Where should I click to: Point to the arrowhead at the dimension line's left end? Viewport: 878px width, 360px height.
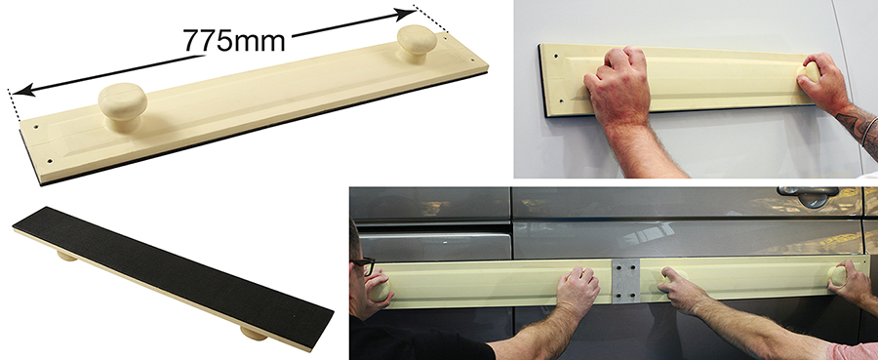tap(22, 90)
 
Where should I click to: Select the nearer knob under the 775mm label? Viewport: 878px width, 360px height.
tap(122, 106)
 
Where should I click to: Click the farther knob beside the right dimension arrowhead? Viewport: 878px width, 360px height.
tap(417, 43)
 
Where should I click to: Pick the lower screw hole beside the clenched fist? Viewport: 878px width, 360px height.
tap(562, 100)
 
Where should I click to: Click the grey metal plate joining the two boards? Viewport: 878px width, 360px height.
tap(626, 281)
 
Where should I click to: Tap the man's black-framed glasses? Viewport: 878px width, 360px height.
tap(365, 264)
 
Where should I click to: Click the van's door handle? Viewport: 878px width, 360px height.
tap(808, 195)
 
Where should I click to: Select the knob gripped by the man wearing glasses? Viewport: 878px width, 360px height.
tap(379, 291)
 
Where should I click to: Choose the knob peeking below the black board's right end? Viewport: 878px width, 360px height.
tap(255, 334)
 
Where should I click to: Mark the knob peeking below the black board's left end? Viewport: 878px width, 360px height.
tap(66, 256)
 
